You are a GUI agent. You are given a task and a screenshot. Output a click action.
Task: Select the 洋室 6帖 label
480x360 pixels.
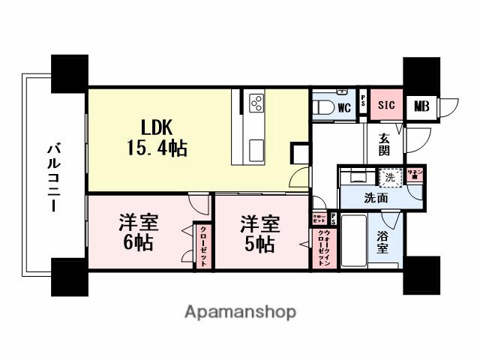[x=138, y=232]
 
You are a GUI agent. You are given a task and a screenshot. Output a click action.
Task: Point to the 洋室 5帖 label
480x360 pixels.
[x=259, y=232]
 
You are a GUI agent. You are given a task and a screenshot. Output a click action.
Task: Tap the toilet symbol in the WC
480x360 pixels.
[x=322, y=106]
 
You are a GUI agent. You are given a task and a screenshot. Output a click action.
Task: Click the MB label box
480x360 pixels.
[x=421, y=106]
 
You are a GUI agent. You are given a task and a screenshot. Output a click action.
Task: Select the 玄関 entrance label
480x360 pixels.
[x=384, y=144]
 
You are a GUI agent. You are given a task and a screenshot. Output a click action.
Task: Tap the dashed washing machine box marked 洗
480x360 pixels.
[x=389, y=178]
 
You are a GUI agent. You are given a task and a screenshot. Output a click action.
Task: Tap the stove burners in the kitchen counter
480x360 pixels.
[x=256, y=101]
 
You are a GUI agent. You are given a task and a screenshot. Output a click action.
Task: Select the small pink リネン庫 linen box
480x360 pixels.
[x=415, y=175]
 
